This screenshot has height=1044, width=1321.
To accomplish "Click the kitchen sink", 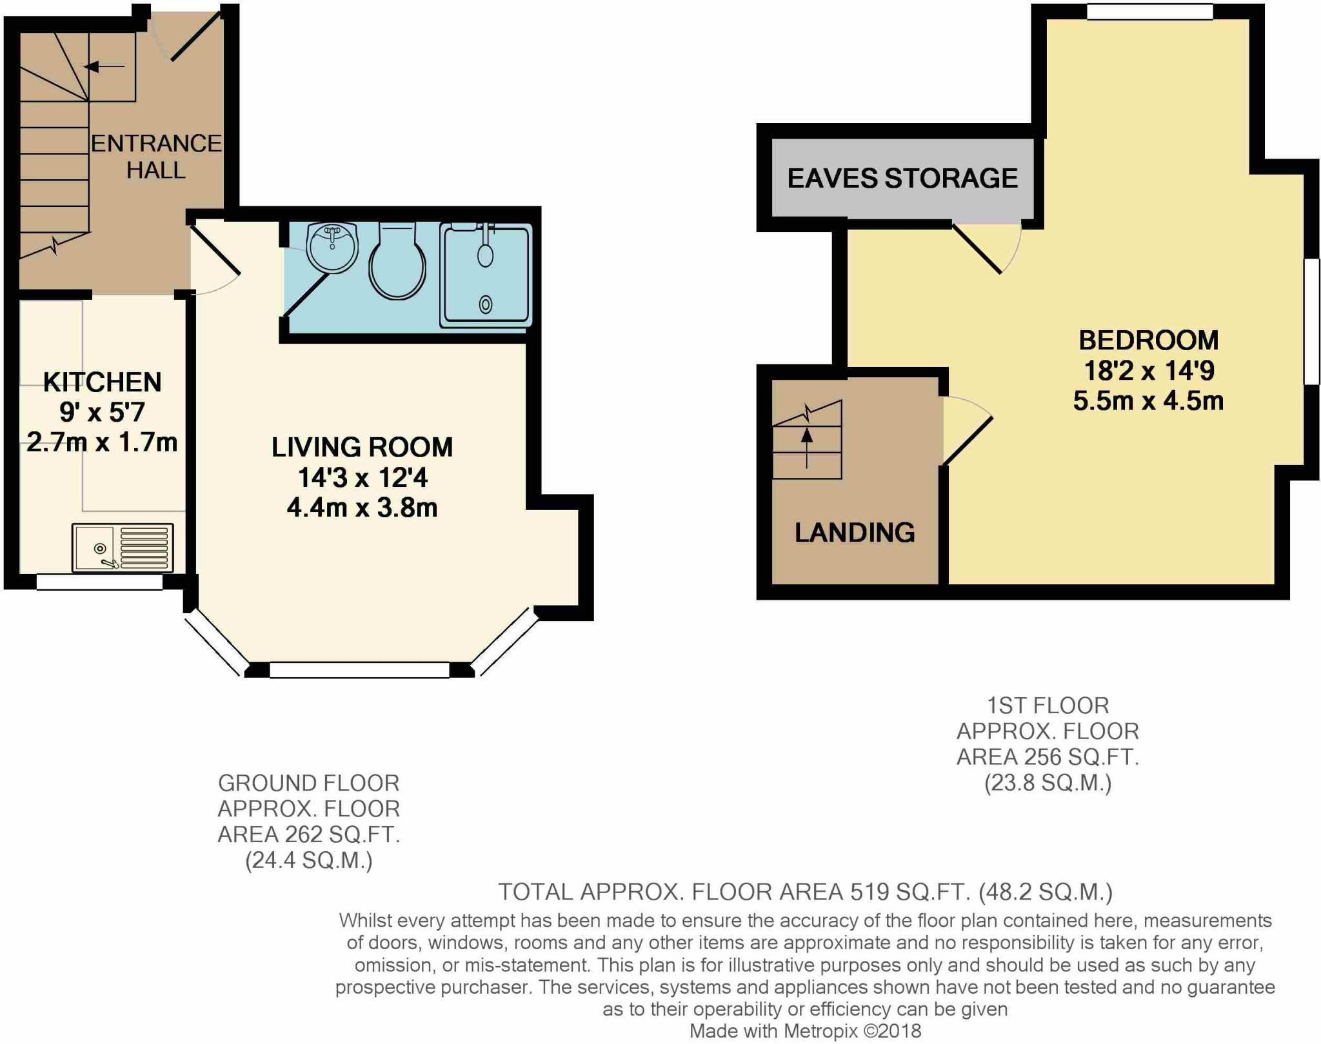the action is point(123,548).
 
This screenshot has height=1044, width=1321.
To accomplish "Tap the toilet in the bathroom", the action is point(397,261).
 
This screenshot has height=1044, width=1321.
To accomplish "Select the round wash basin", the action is point(332,247).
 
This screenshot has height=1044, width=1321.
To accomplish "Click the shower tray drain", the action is point(486,304).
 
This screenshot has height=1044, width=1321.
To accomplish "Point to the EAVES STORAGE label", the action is point(902,178).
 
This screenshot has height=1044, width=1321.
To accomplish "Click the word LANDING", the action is point(855,533).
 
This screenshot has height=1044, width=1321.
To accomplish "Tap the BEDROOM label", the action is point(1149,340).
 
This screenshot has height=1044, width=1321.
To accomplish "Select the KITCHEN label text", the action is point(102,382).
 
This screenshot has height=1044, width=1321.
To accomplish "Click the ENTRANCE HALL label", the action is point(156,157).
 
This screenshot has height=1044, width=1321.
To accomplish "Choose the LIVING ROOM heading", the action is point(362,447).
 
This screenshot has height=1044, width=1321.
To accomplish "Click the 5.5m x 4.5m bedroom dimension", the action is point(1149,401).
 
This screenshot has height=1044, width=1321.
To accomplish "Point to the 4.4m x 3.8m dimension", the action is point(362,508).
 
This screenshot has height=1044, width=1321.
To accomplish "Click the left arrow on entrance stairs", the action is point(104,66).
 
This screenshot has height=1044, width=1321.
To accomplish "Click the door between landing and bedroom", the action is point(968,430).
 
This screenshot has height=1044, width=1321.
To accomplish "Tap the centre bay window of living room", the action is point(359,670).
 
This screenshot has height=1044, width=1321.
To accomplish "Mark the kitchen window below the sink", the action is point(99,582).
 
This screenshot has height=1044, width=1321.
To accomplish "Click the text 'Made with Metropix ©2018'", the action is point(805,1031).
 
